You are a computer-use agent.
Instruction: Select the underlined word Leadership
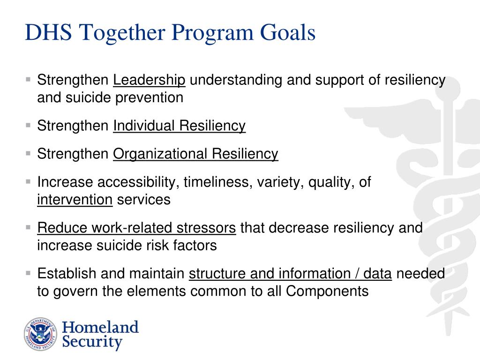[150, 80]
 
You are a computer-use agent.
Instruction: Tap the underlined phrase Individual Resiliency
[179, 126]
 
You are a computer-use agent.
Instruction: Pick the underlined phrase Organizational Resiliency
[195, 154]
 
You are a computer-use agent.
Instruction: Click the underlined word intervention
[75, 200]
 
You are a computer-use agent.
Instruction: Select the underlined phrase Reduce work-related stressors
[136, 228]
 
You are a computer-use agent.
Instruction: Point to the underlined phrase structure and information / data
[290, 274]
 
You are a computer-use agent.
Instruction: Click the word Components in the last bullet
[327, 291]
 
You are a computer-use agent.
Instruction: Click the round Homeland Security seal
[40, 334]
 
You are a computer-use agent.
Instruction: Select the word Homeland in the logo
[101, 327]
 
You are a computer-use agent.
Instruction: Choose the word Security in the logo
[93, 342]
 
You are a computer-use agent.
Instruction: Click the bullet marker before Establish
[29, 272]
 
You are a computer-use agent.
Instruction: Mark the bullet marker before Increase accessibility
[29, 181]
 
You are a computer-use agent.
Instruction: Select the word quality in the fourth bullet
[333, 182]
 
